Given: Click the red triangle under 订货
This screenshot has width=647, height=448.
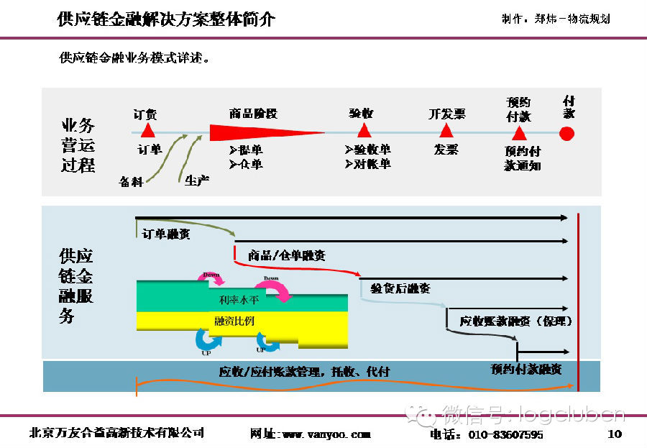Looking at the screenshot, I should (x=147, y=130).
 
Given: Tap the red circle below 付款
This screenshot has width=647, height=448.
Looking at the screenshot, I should (x=567, y=133).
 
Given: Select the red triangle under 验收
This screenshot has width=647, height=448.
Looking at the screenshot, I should (x=364, y=130).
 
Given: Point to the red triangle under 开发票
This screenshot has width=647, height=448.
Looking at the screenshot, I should (x=446, y=130).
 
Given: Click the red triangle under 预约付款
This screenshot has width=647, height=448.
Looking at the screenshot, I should (x=518, y=133).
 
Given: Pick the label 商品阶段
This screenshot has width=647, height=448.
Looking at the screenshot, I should (x=253, y=114).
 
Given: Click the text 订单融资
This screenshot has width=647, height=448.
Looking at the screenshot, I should (x=166, y=234).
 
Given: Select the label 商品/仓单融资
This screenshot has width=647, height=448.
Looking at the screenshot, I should (x=286, y=255).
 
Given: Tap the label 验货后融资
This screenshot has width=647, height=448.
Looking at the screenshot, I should (x=401, y=288).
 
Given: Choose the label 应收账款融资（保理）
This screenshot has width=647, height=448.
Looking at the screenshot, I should (x=516, y=321).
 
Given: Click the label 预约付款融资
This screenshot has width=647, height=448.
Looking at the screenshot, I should (x=526, y=369).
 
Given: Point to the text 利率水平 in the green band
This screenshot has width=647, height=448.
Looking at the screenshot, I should (x=234, y=300).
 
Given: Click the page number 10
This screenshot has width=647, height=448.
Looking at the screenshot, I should (x=614, y=434).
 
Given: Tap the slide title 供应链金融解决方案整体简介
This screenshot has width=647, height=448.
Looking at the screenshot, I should (x=165, y=19).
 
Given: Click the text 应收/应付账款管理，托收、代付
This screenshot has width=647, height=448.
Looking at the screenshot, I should (x=305, y=372).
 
